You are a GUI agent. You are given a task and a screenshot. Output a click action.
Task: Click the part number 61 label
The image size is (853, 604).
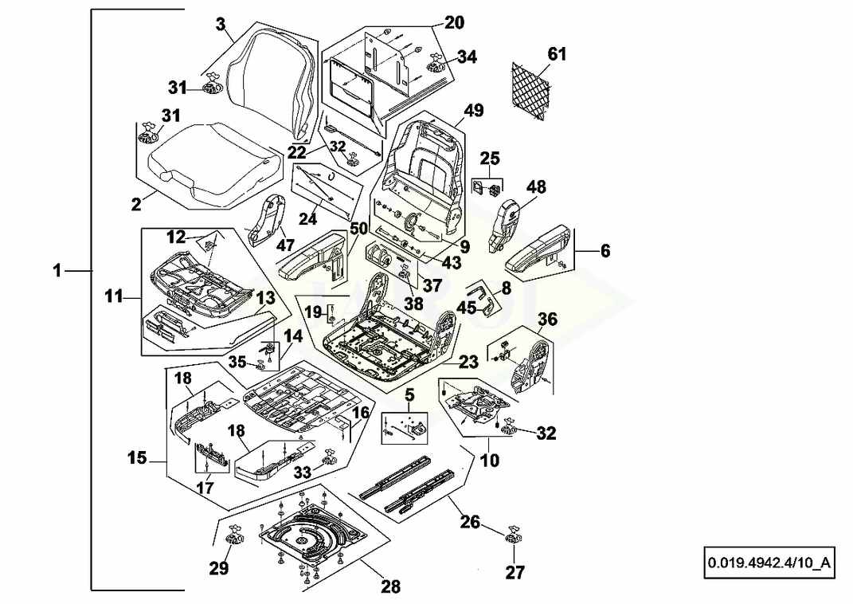(557, 54)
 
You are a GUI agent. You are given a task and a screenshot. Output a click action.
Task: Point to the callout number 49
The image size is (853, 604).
(474, 110)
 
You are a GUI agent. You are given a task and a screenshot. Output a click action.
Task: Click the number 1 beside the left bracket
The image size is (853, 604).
(57, 271)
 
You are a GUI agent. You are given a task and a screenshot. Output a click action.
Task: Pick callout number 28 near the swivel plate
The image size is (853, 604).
(390, 587)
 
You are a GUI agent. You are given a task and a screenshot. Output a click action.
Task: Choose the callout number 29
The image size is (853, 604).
(219, 568)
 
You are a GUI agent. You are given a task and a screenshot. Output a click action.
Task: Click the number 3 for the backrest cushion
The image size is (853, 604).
(221, 24)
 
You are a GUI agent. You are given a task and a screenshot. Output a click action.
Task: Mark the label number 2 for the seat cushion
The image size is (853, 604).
(137, 205)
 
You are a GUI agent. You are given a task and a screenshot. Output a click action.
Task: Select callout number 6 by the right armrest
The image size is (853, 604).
(605, 250)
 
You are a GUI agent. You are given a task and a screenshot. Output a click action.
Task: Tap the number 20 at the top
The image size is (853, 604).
(454, 22)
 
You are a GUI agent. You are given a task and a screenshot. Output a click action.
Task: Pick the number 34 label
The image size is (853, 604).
(467, 57)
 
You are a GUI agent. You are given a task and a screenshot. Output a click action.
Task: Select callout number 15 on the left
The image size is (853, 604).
(137, 457)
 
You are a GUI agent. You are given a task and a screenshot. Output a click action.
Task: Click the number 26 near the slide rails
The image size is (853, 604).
(470, 522)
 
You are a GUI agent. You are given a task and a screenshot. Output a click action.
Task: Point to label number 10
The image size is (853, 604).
(490, 461)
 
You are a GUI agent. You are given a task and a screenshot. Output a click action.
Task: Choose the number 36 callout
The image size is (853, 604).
(547, 320)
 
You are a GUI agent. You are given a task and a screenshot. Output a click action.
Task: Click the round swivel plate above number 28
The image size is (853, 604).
(311, 540)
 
